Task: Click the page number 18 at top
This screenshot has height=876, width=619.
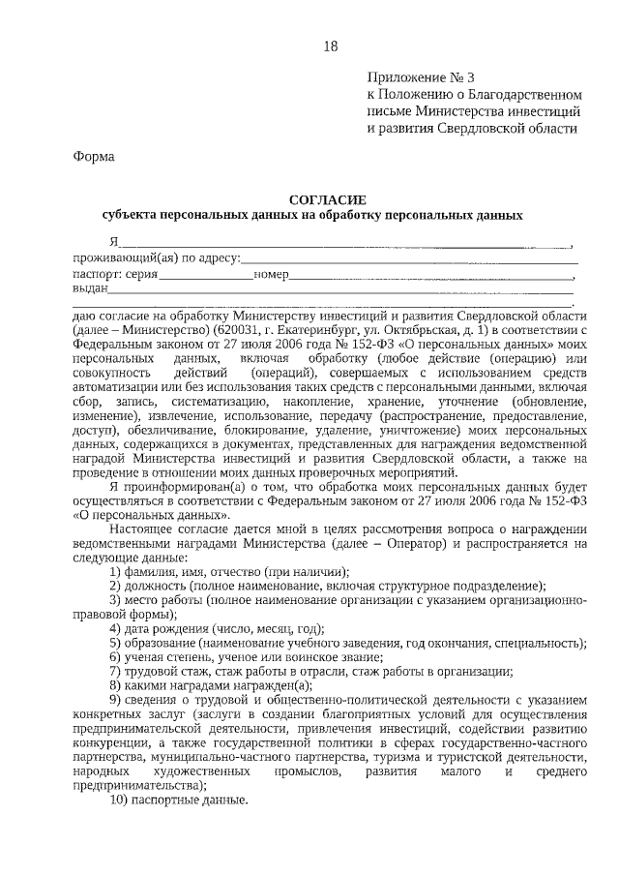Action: [330, 45]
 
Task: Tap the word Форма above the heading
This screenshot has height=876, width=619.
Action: [94, 157]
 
